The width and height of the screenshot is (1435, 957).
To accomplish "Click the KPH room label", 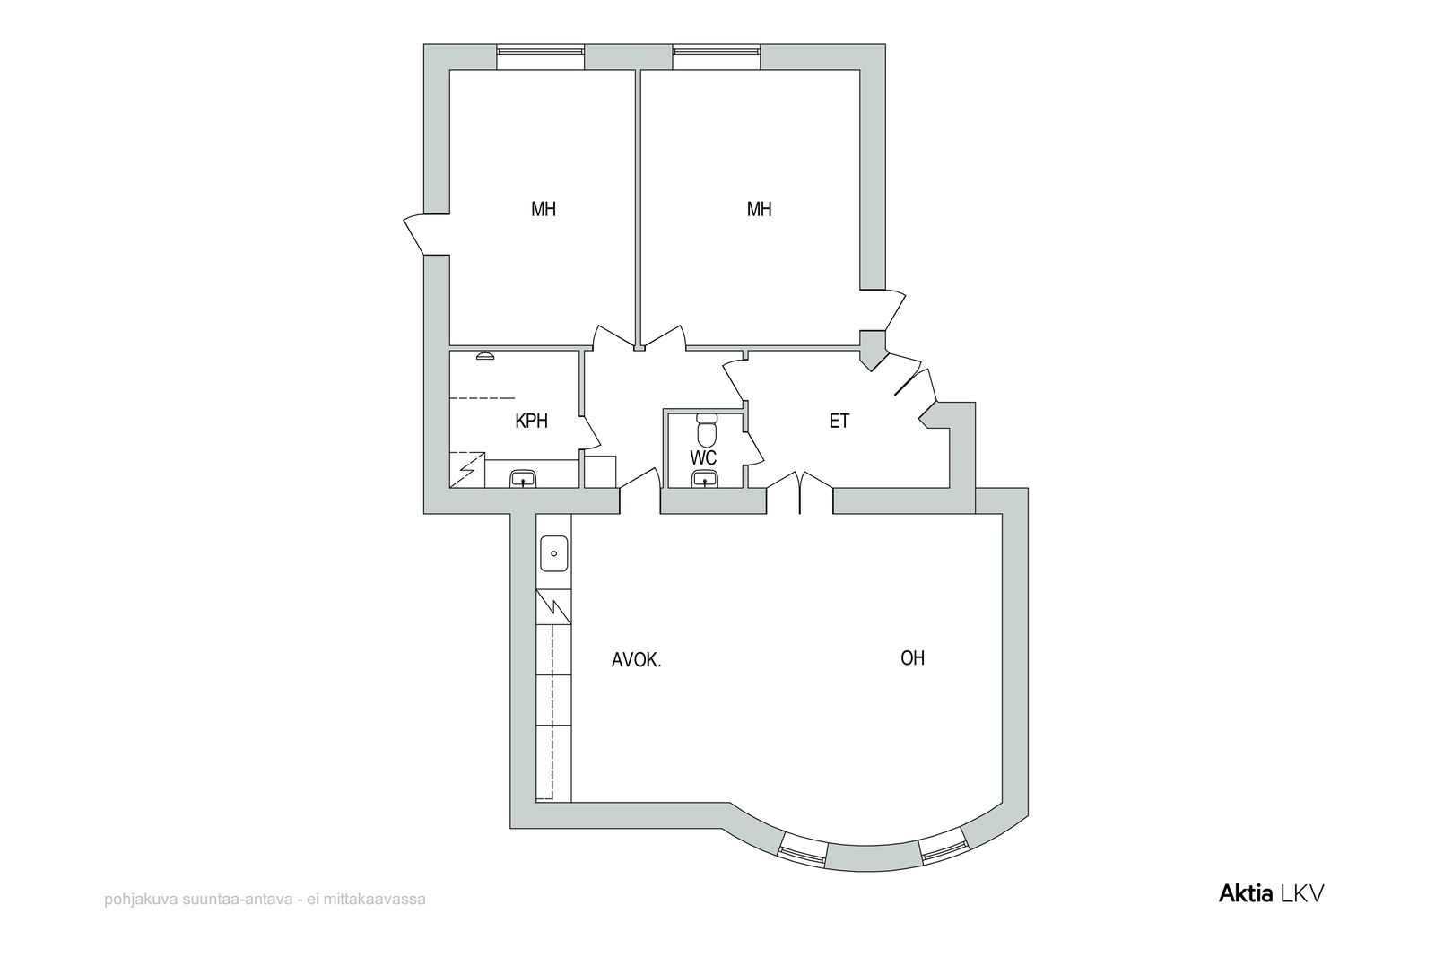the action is (x=531, y=421).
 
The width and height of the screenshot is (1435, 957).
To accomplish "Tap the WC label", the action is (x=703, y=457).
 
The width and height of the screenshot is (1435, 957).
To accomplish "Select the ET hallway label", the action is (x=839, y=421).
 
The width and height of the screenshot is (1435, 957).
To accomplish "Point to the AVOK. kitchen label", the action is (x=636, y=660).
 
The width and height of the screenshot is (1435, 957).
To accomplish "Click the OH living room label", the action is (x=912, y=657).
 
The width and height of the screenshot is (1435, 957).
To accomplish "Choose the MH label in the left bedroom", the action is (x=544, y=209).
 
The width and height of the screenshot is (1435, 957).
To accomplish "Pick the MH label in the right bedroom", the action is (x=759, y=209).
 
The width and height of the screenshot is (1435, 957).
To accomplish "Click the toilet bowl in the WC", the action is (x=706, y=431).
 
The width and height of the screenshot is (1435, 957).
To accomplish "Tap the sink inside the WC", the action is (x=705, y=479).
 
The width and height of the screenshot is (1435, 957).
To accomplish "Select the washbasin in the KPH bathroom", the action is (x=523, y=479).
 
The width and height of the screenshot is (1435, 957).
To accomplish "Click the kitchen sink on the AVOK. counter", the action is (x=554, y=553).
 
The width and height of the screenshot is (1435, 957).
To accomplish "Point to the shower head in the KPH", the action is (x=485, y=355).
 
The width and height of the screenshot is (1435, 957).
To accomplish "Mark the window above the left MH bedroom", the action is (x=541, y=57).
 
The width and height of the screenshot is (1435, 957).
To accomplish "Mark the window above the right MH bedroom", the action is (x=717, y=57).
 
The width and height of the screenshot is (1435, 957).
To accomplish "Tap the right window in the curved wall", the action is (x=943, y=847).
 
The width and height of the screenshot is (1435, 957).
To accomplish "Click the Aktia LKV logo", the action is (x=1271, y=893).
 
